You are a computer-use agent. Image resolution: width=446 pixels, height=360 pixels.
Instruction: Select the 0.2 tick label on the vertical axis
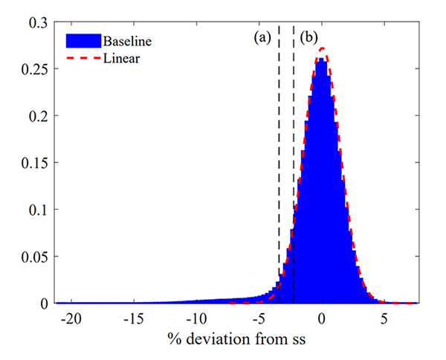click(x=38, y=116)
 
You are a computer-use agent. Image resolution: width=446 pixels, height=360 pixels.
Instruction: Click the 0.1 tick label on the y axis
click(x=38, y=210)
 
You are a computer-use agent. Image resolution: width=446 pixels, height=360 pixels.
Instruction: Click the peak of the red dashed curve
click(x=322, y=49)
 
